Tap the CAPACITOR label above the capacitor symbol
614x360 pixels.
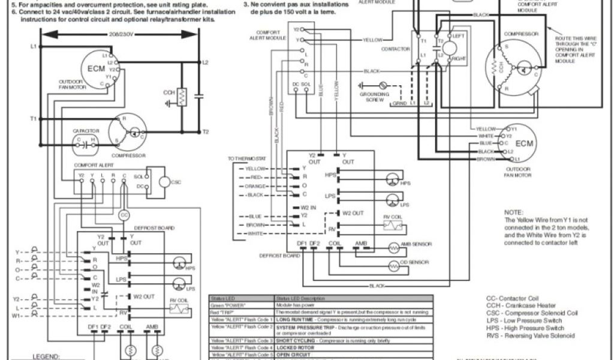pyautogui.click(x=85, y=130)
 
